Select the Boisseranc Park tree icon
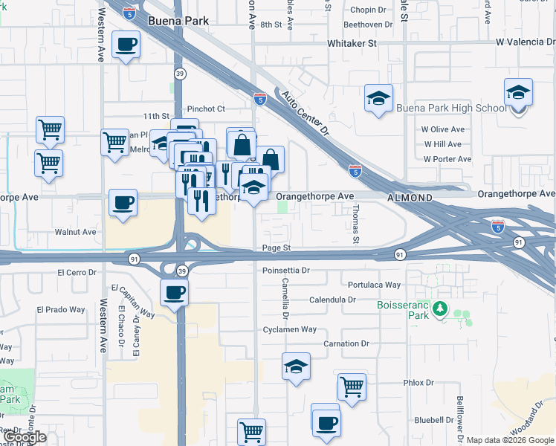pyautogui.click(x=440, y=308)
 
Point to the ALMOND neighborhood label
pyautogui.click(x=410, y=198)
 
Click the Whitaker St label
pyautogui.click(x=352, y=44)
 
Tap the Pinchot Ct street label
pyautogui.click(x=206, y=109)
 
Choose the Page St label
pyautogui.click(x=276, y=248)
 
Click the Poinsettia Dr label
pyautogui.click(x=285, y=271)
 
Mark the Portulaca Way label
pyautogui.click(x=374, y=285)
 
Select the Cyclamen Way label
pyautogui.click(x=290, y=329)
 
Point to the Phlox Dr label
pyautogui.click(x=418, y=383)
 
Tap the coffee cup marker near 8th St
pyautogui.click(x=126, y=45)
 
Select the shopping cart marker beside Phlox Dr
pyautogui.click(x=351, y=386)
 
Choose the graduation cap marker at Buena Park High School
pyautogui.click(x=518, y=93)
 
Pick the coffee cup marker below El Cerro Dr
pyautogui.click(x=175, y=291)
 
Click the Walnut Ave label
pyautogui.click(x=76, y=232)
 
